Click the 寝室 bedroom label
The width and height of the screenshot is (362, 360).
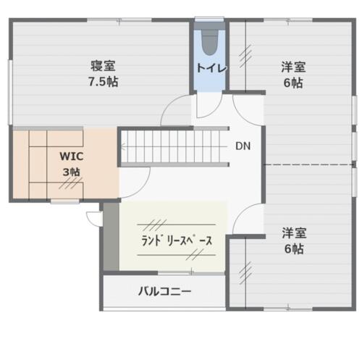pyautogui.click(x=103, y=66)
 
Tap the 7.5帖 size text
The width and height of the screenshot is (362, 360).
pyautogui.click(x=103, y=82)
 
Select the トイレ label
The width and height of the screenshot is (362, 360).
pyautogui.click(x=211, y=68)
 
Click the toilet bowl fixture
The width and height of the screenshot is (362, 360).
pyautogui.click(x=210, y=43)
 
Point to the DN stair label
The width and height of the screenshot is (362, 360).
pyautogui.click(x=243, y=146)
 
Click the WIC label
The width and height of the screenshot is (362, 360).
pyautogui.click(x=72, y=156)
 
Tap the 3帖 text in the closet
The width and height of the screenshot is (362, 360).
pyautogui.click(x=72, y=172)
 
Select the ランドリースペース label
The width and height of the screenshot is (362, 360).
pyautogui.click(x=177, y=240)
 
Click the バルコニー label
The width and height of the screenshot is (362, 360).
pyautogui.click(x=165, y=291)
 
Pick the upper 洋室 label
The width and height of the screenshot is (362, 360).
pyautogui.click(x=293, y=67)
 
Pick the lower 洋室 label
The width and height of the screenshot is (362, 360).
pyautogui.click(x=294, y=233)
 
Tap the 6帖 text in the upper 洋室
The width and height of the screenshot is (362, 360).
pyautogui.click(x=293, y=83)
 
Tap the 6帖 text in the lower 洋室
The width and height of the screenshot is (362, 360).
pyautogui.click(x=294, y=249)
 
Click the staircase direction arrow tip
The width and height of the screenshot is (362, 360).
pyautogui.click(x=122, y=146)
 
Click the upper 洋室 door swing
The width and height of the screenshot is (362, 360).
pyautogui.click(x=241, y=117)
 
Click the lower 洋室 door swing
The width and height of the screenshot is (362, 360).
pyautogui.click(x=242, y=212)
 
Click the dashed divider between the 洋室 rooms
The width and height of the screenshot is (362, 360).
pyautogui.click(x=308, y=164)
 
